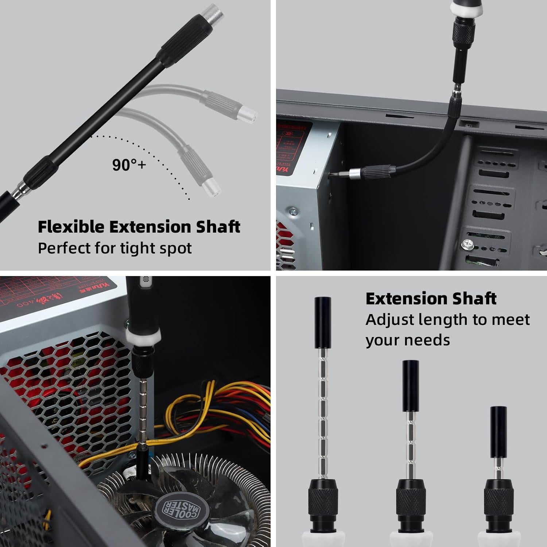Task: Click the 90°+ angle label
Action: (129, 165)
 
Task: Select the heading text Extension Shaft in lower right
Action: (431, 299)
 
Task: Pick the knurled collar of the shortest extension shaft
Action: (498, 500)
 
